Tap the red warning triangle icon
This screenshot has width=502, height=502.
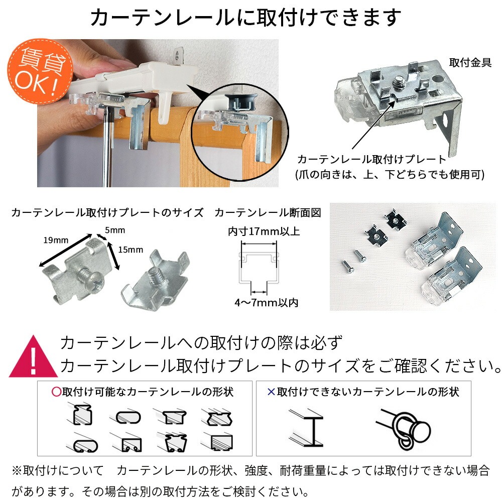click(x=32, y=357)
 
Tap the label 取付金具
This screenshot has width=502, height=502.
click(x=470, y=63)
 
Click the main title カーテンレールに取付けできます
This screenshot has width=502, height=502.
click(x=246, y=18)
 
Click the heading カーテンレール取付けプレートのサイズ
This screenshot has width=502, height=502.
click(x=107, y=212)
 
